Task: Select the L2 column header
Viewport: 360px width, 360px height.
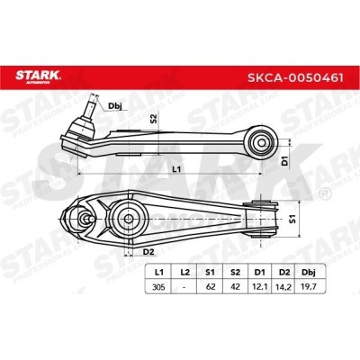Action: (184, 271)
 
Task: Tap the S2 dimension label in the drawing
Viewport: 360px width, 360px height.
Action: (154, 119)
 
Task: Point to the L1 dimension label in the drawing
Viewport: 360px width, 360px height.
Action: (176, 168)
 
